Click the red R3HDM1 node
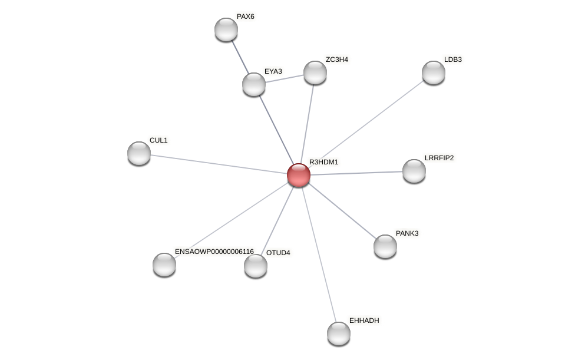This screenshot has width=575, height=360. coord(299,175)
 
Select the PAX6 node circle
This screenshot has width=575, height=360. coord(226,29)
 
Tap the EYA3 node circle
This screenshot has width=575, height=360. coord(254,84)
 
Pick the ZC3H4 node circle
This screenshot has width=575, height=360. coord(315,72)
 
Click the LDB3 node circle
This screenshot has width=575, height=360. coord(434,72)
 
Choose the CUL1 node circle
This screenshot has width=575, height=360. coord(139,153)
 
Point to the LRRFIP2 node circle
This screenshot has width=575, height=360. coord(414,171)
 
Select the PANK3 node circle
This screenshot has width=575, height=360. coord(385,246)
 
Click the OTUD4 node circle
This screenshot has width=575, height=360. coord(256,266)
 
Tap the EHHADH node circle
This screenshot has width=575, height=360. coord(339,333)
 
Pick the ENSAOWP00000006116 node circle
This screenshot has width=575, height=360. coord(164,265)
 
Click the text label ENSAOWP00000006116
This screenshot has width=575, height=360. coord(214,252)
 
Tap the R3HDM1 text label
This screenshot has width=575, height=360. coord(324,162)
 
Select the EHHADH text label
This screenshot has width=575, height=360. coord(364,321)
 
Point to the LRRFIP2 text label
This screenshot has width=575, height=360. coord(439,158)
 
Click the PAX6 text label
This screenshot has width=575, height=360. coord(246,16)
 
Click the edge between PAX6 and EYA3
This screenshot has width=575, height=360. coord(240,57)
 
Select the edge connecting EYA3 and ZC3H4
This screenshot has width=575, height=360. coord(285,78)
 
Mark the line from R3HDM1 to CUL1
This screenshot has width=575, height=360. coord(218,164)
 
